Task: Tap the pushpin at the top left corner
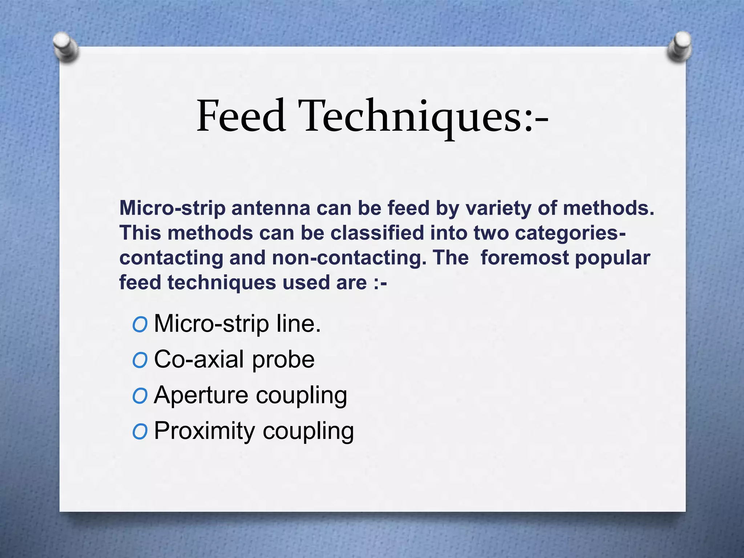65,46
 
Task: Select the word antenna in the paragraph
271,209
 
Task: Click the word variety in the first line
498,209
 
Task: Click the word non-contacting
349,258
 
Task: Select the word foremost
525,258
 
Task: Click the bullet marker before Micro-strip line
140,324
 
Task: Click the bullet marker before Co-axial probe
140,360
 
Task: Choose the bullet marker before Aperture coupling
140,396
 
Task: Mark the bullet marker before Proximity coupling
140,432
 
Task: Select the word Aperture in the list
201,396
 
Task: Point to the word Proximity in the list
205,431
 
